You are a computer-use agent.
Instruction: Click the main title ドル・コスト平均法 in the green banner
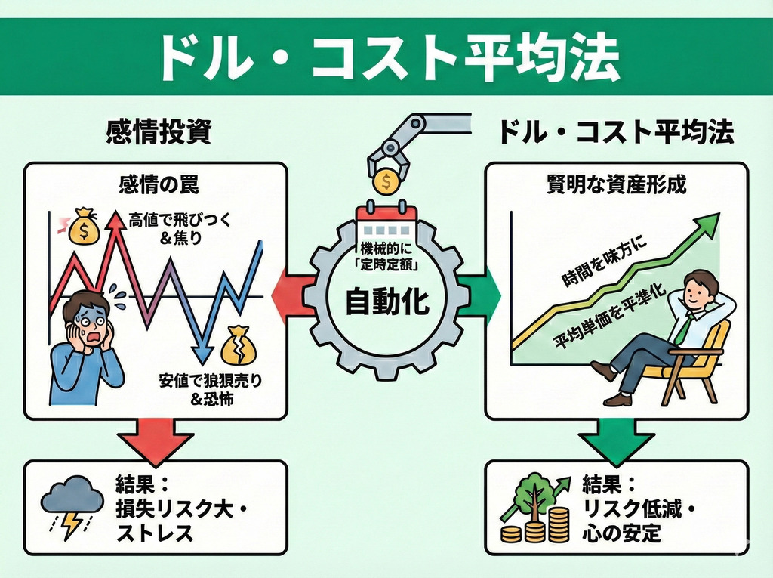[x=386, y=57]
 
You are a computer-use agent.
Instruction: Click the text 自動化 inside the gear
[x=386, y=302]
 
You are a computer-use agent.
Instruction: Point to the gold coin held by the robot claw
[x=386, y=182]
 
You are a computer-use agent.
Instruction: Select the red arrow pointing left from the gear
[x=290, y=290]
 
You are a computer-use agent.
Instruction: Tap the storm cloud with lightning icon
[x=72, y=505]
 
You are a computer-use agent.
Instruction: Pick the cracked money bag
[x=237, y=344]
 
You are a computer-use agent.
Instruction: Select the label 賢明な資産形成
[x=616, y=184]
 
